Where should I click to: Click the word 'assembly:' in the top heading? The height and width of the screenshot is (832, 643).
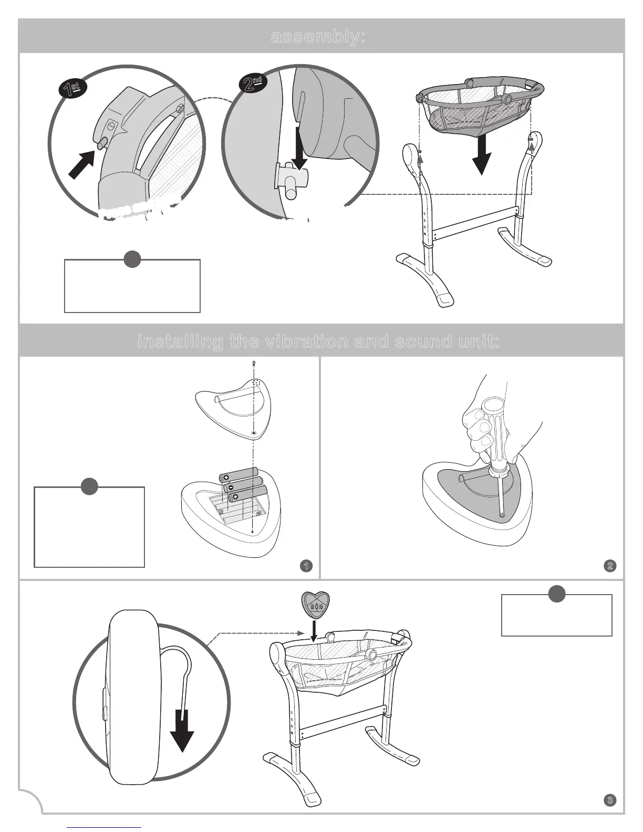pos(318,37)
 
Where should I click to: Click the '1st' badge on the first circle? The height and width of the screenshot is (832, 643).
pos(72,89)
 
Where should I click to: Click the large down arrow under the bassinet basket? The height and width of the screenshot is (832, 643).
pos(481,156)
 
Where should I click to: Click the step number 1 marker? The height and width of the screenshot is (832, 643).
pos(305,566)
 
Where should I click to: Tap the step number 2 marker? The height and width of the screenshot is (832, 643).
pos(610,566)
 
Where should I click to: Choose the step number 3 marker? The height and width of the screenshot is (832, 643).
pos(610,800)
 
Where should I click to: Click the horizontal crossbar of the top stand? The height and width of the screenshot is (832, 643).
pos(475,222)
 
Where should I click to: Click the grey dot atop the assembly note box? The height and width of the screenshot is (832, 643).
pos(132,259)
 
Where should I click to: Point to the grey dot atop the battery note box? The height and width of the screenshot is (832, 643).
pos(89,486)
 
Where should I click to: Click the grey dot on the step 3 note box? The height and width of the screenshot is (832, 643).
pos(557,594)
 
